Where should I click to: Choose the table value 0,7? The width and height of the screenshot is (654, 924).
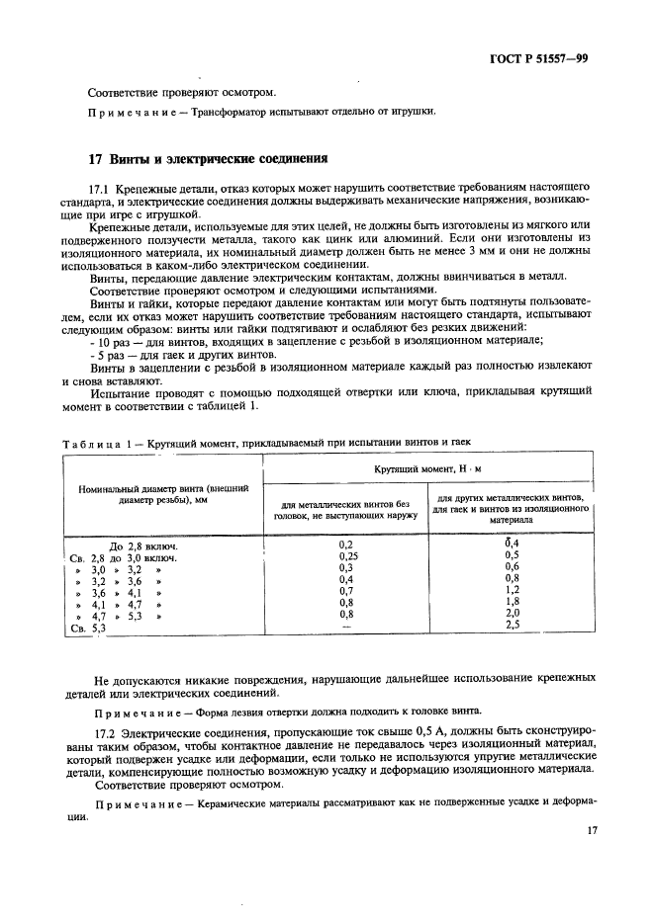coord(345,591)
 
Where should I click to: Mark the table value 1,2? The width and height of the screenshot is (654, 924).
coord(513,591)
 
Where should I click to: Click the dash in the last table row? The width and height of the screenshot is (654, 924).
coord(345,627)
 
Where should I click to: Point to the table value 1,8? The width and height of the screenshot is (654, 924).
coord(513,602)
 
